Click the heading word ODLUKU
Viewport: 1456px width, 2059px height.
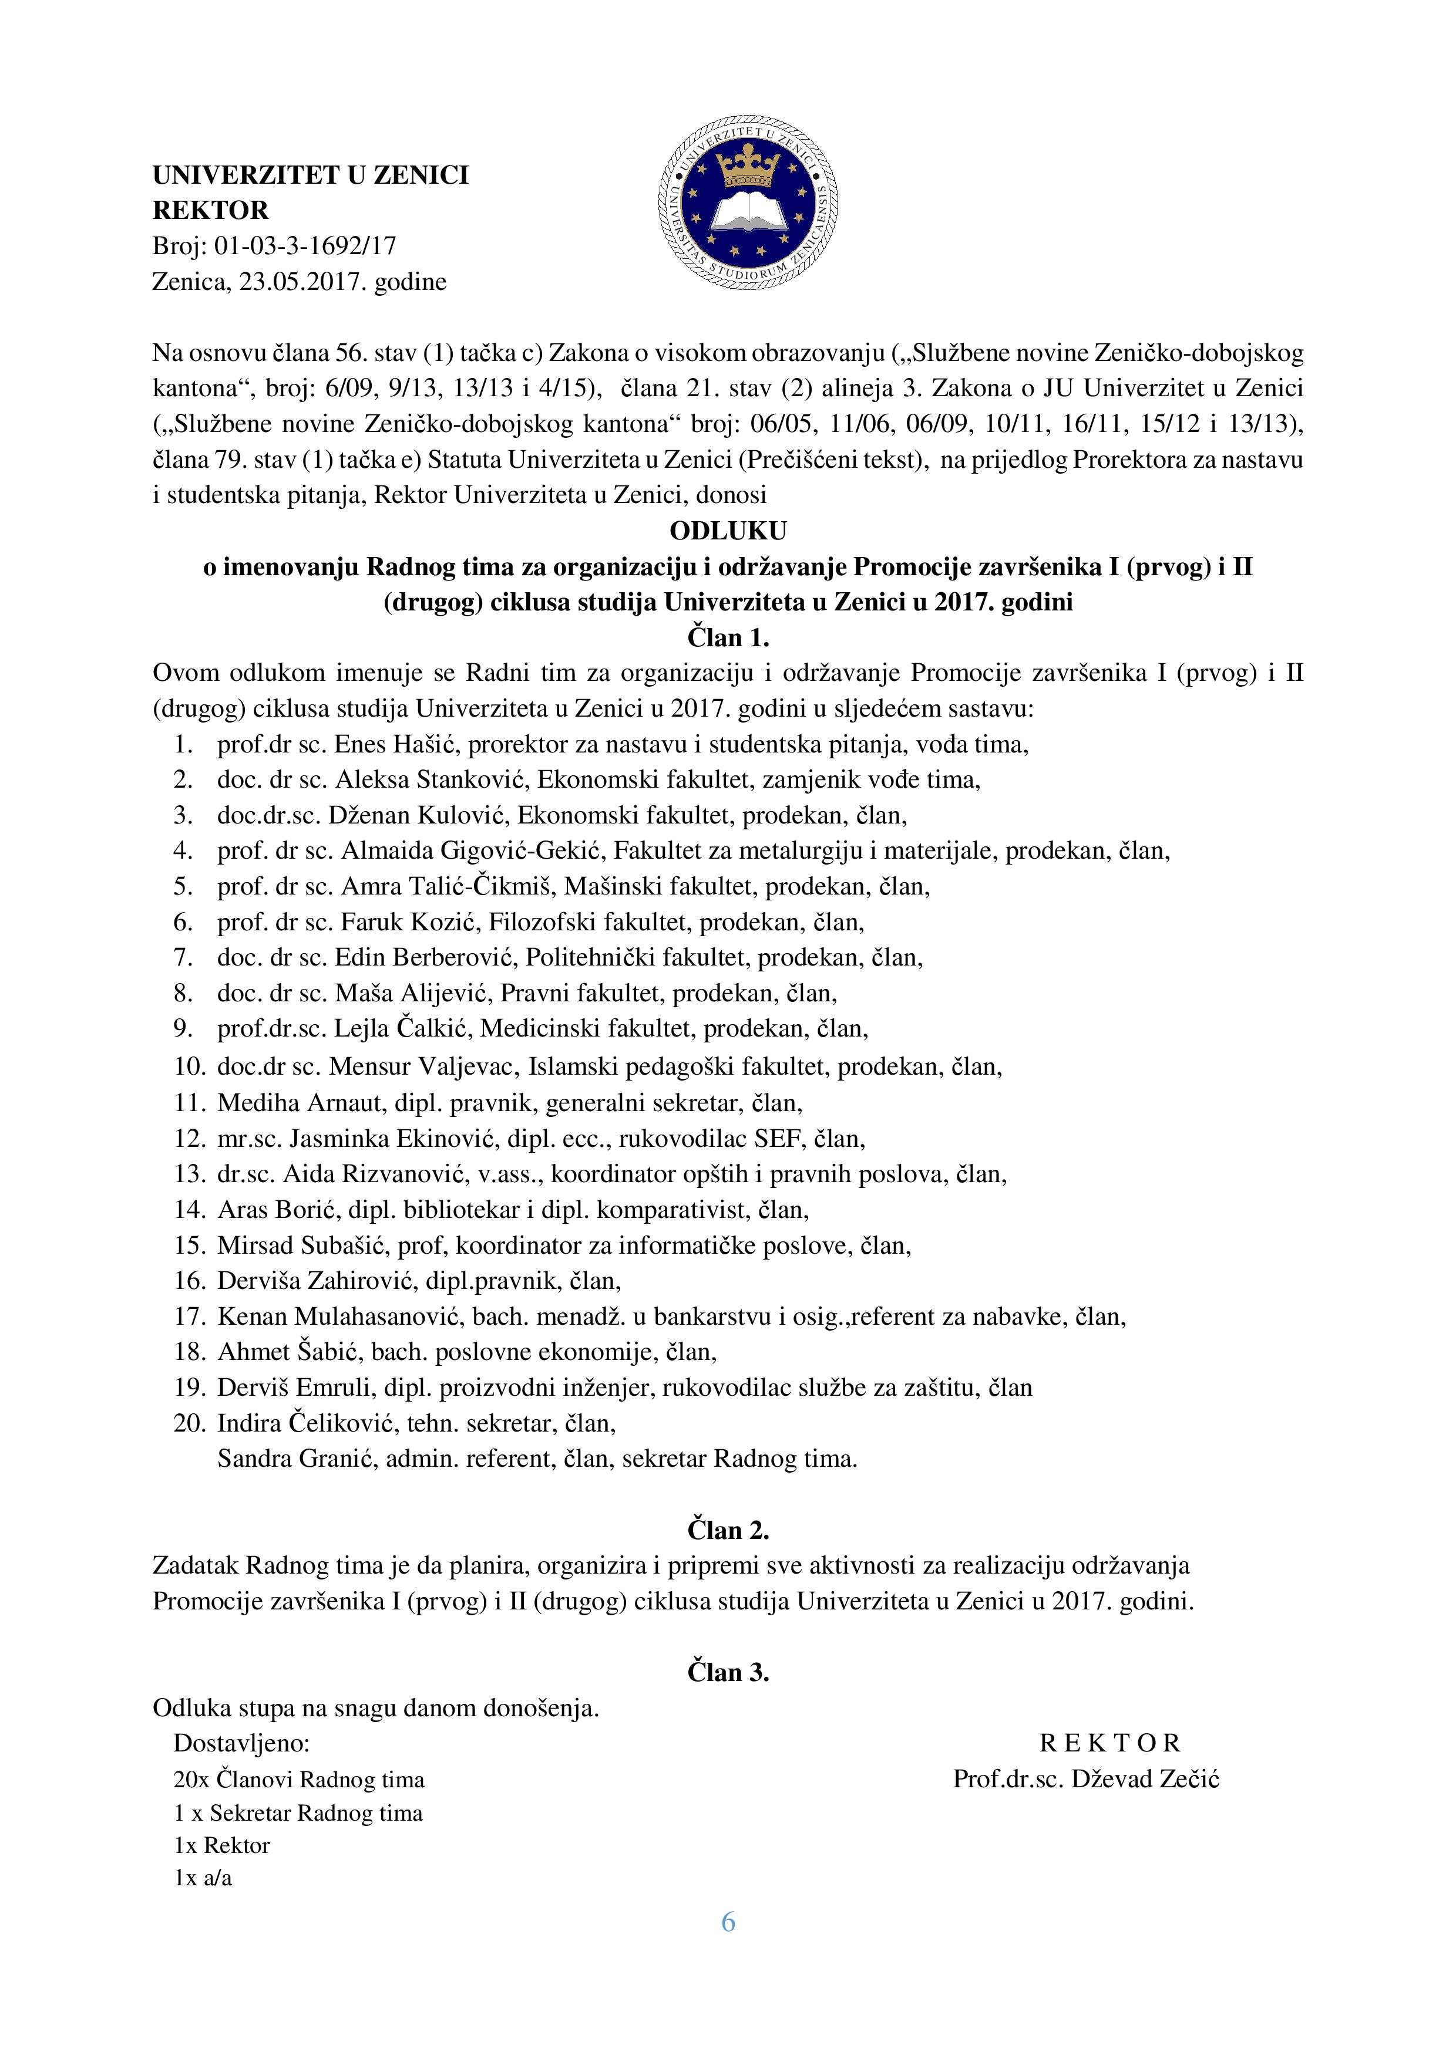pos(728,531)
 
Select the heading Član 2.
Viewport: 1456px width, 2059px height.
pos(728,1530)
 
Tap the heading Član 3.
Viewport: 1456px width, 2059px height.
pos(728,1672)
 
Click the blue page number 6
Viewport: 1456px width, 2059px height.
pos(728,1922)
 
